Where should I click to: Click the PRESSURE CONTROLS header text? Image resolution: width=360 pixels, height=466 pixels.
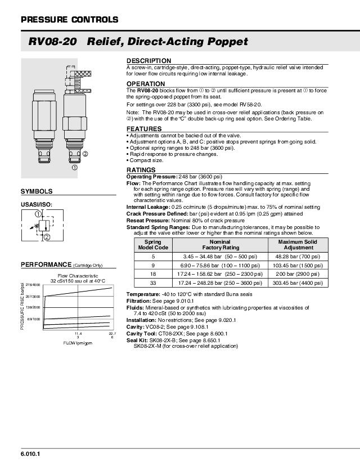tap(69, 20)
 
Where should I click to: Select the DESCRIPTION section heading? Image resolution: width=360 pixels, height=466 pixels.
tap(148, 61)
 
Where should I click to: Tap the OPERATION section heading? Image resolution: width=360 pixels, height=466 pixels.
tap(146, 84)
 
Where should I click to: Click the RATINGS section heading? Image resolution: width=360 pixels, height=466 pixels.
tap(141, 169)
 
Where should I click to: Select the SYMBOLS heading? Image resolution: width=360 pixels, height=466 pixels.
tap(37, 191)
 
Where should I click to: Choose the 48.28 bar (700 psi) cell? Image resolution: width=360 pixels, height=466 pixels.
tap(298, 256)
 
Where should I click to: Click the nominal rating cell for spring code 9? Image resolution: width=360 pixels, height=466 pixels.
tap(217, 265)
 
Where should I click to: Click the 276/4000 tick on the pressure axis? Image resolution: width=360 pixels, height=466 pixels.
tap(33, 285)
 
